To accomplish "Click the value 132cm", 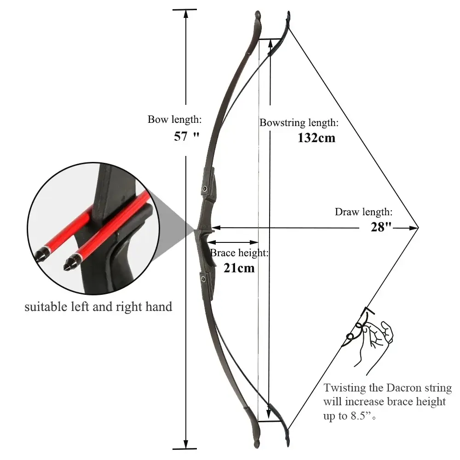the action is click(x=316, y=138).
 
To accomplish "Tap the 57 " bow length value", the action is click(x=187, y=137).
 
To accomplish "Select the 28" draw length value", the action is click(x=381, y=227).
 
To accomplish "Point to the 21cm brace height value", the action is click(x=239, y=268).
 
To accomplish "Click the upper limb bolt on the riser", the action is click(x=205, y=188).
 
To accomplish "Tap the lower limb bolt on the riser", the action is click(x=203, y=279).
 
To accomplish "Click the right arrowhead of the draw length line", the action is click(x=414, y=227).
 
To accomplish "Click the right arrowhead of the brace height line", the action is click(x=254, y=242).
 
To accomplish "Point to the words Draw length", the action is click(x=363, y=212).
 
